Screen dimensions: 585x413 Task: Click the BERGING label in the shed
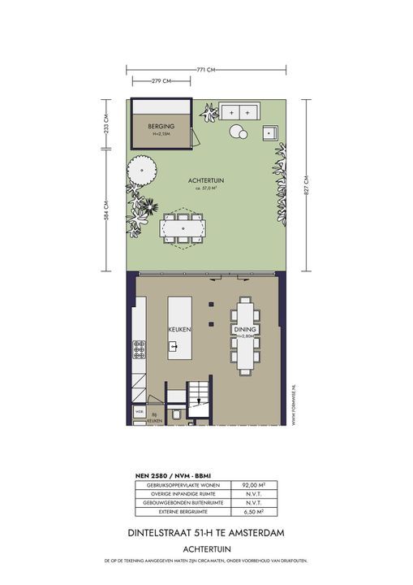(x=161, y=128)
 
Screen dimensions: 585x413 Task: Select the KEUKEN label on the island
(x=179, y=331)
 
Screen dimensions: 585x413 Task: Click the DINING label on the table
(x=245, y=330)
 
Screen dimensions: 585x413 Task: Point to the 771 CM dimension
(x=206, y=70)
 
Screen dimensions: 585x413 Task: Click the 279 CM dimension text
(x=161, y=81)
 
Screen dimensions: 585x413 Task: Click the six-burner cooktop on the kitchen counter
(x=139, y=349)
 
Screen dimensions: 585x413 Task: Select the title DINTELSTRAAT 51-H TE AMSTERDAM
(x=206, y=533)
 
